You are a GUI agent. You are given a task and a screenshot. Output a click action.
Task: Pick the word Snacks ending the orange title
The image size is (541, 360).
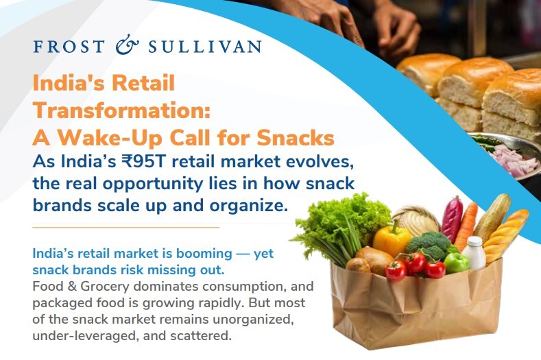(295, 137)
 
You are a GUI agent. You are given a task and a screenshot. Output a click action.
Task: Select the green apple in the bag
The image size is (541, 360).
(455, 262)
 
